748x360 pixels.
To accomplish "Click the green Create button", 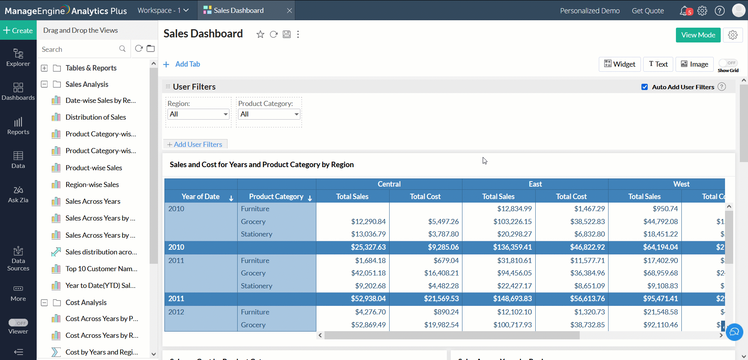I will [18, 30].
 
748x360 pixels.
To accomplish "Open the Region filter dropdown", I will [198, 114].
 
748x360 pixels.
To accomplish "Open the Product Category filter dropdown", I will [269, 114].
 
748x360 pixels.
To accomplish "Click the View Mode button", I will [698, 35].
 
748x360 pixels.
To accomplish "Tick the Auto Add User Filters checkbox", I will [644, 87].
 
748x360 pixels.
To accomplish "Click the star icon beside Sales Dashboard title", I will [260, 34].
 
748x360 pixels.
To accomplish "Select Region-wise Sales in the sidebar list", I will [92, 185].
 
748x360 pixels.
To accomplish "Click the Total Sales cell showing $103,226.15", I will [512, 222].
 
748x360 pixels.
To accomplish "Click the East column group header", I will [535, 184].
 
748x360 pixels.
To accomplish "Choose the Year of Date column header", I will [201, 197].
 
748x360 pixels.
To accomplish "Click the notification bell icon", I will [684, 11].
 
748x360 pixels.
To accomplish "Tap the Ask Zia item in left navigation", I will [18, 194].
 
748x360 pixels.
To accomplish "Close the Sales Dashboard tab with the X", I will [289, 11].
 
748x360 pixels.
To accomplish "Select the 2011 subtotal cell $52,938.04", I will [368, 299].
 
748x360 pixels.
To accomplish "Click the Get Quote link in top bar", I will [647, 11].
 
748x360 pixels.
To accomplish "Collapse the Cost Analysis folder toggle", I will [44, 303].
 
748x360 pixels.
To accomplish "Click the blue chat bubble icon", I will [734, 332].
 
